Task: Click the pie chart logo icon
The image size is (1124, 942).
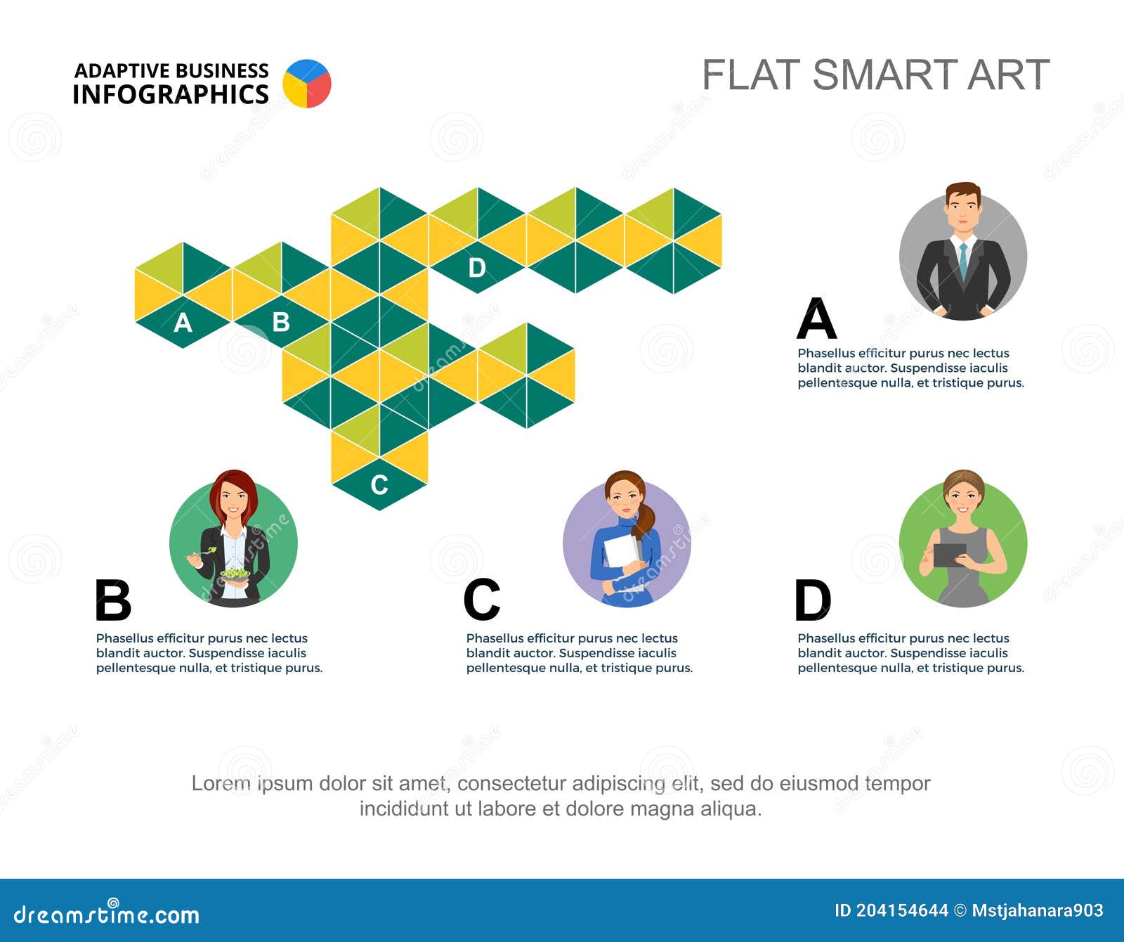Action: click(307, 84)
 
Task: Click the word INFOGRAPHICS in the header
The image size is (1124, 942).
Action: click(171, 94)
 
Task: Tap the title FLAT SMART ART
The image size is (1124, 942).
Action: click(875, 75)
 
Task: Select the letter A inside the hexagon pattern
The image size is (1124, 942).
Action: click(183, 323)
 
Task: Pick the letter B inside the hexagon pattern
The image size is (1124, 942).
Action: click(281, 322)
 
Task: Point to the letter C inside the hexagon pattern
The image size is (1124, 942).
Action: click(379, 484)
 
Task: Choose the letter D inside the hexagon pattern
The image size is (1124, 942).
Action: click(477, 267)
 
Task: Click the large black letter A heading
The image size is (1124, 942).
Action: click(817, 318)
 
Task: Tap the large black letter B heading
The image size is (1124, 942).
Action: click(113, 600)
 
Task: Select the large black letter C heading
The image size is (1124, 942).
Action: click(482, 600)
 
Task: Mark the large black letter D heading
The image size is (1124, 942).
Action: click(813, 600)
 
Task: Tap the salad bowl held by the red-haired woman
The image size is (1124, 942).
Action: click(235, 574)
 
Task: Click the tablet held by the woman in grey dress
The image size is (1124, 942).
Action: click(950, 555)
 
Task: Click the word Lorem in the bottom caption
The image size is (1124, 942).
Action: click(221, 783)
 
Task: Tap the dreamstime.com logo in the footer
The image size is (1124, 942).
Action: click(107, 913)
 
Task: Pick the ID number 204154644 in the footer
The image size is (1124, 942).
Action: click(902, 911)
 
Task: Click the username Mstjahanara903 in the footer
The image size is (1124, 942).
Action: click(1038, 911)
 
